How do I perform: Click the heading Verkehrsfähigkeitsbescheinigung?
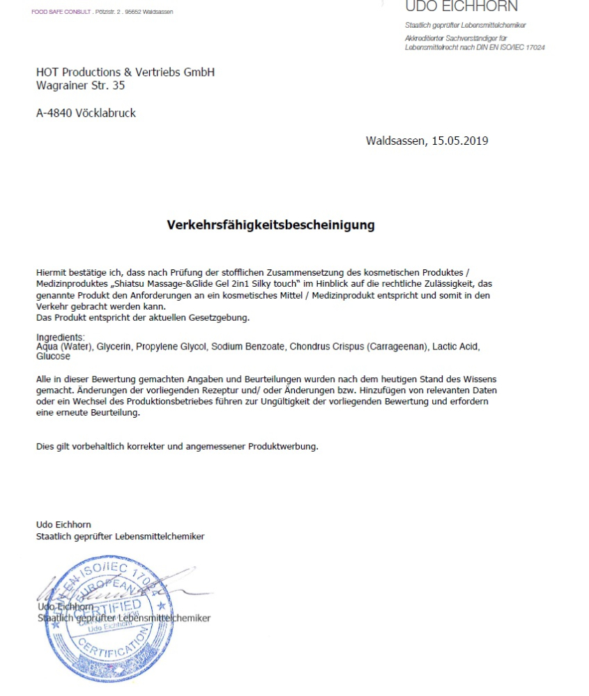pos(270,225)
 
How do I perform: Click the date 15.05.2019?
pos(459,141)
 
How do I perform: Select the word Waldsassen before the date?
pos(394,141)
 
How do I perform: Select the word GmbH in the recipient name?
pos(199,72)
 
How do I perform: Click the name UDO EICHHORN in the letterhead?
pos(461,7)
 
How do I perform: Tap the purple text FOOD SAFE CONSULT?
pos(60,12)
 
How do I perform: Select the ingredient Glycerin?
pos(114,346)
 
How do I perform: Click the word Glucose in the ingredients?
pos(53,356)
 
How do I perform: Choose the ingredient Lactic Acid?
pos(458,346)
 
